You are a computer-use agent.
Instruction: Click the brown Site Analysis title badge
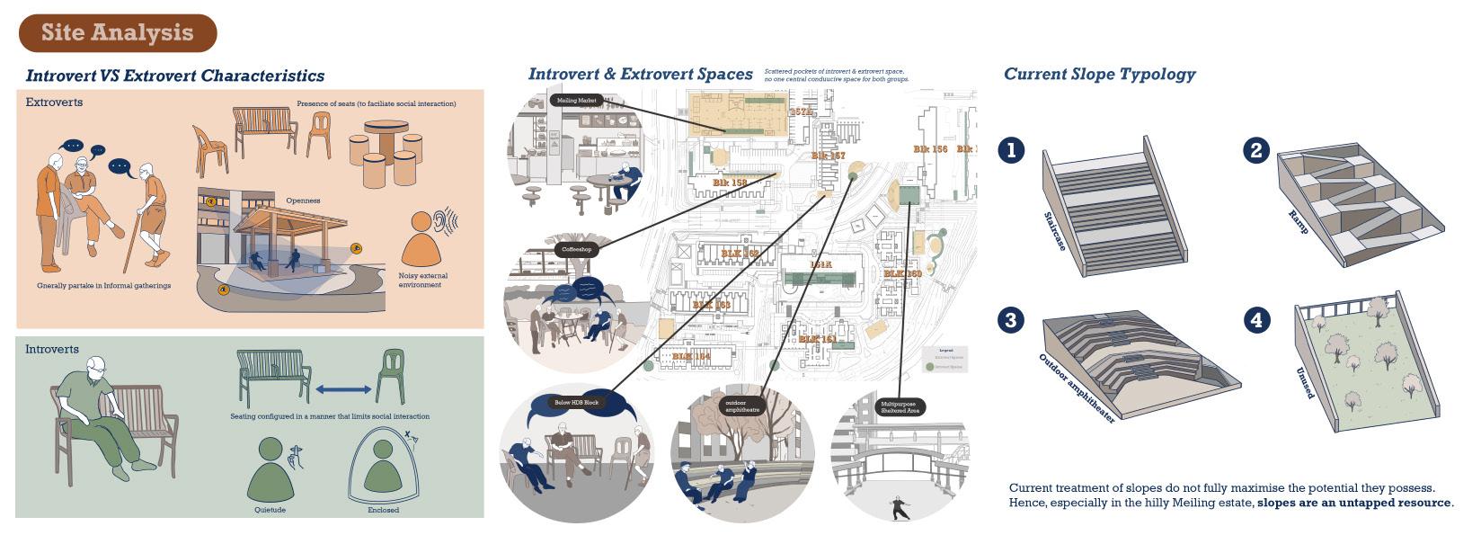pos(118,33)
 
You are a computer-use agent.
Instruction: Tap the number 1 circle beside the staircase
pos(1011,149)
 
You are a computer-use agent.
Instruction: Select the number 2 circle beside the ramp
pos(1256,149)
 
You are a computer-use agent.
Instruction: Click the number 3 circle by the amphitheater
pos(1011,320)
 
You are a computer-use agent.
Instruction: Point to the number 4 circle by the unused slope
pos(1256,320)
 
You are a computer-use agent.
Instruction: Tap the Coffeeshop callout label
pos(576,249)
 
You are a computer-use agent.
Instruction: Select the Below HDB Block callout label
pos(576,402)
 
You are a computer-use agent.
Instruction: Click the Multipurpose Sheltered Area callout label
pos(899,406)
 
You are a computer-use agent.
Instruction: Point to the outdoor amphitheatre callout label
pos(742,406)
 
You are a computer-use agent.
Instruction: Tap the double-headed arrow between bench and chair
pos(342,389)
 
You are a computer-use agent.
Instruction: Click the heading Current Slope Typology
pos(1099,75)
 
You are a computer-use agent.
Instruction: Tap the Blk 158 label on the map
pos(729,183)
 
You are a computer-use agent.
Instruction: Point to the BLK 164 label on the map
pos(691,357)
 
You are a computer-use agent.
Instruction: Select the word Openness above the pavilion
pos(303,201)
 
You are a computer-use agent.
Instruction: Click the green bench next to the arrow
pos(273,377)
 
